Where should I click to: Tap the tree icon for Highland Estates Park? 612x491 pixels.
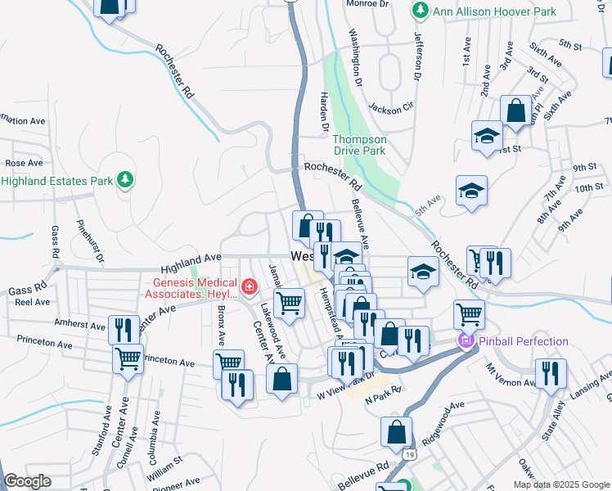[x=124, y=179]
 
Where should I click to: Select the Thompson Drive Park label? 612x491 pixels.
[x=359, y=145]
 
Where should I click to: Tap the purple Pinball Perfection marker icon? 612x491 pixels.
[x=466, y=340]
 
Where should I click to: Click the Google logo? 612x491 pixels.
[x=27, y=482]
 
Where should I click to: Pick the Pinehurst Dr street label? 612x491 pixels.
[x=89, y=241]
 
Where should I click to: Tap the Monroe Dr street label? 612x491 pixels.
[x=367, y=4]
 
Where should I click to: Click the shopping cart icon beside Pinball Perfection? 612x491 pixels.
[x=469, y=313]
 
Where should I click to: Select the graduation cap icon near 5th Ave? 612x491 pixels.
[x=471, y=191]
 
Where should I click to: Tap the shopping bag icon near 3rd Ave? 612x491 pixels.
[x=516, y=110]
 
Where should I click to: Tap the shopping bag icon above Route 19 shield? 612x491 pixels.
[x=396, y=431]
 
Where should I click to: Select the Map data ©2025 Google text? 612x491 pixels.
[x=560, y=484]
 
